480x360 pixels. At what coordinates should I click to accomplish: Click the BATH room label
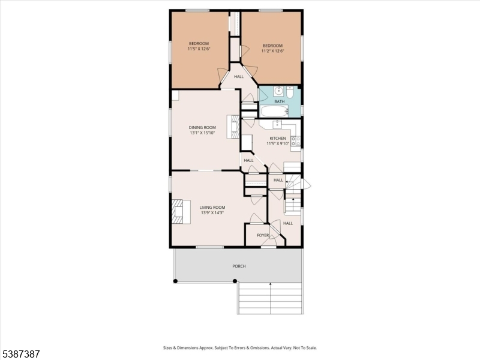[x=280, y=101]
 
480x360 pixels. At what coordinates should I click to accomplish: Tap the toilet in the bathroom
[x=289, y=92]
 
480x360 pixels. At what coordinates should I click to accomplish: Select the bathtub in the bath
[x=274, y=112]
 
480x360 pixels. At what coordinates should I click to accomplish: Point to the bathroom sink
[x=278, y=91]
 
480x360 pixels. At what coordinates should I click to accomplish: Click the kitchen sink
[x=277, y=124]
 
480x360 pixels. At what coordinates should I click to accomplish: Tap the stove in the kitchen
[x=296, y=142]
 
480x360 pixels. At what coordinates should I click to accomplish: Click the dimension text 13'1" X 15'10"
[x=202, y=133]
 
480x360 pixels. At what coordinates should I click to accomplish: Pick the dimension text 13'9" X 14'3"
[x=211, y=212]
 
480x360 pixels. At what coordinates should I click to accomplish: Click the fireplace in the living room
[x=177, y=212]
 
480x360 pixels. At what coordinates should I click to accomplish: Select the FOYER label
[x=263, y=235]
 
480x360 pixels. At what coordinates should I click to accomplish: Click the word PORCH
[x=239, y=266]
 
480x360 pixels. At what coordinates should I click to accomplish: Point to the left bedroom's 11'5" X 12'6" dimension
[x=199, y=49]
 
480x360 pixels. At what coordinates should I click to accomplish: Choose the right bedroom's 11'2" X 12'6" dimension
[x=272, y=50]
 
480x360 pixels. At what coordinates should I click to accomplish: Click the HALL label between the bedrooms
[x=239, y=77]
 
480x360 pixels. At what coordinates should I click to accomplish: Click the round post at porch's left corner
[x=176, y=281]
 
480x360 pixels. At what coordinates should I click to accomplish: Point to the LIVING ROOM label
[x=211, y=207]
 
